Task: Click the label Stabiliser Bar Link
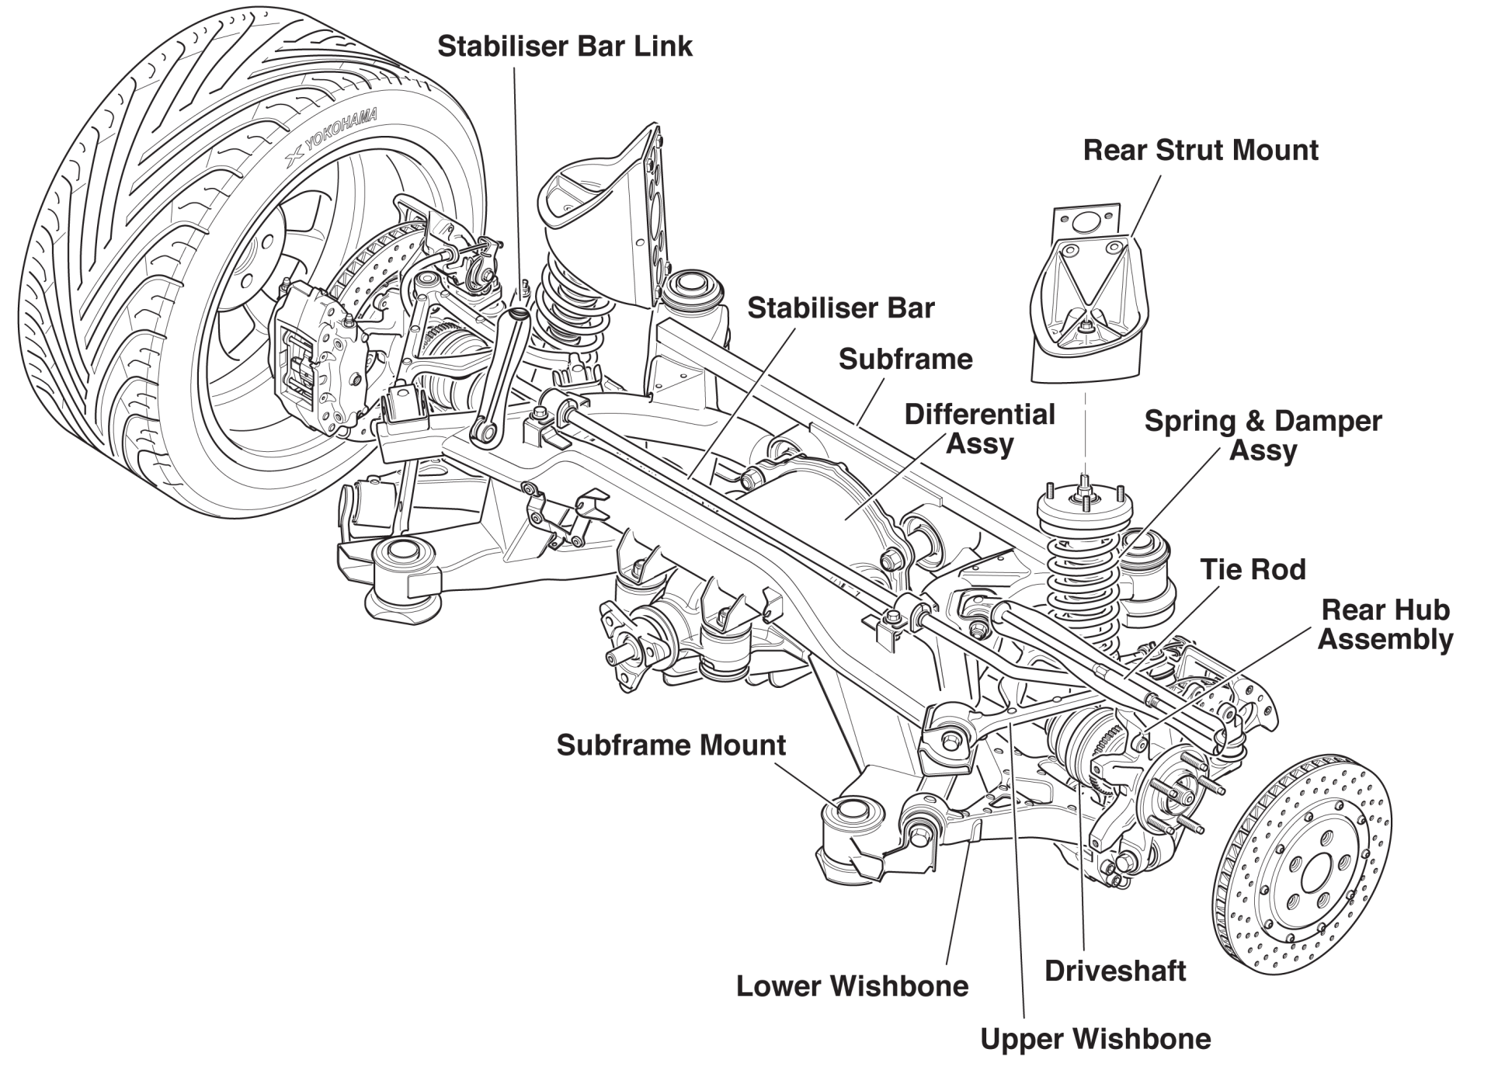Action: (x=565, y=47)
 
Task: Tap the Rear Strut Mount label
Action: (x=1200, y=151)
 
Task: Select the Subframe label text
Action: (x=905, y=360)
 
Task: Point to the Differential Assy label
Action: (x=979, y=429)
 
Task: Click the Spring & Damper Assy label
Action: (x=1263, y=436)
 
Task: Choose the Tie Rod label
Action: (x=1253, y=570)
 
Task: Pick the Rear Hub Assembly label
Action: (x=1385, y=625)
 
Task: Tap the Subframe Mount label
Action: (x=671, y=745)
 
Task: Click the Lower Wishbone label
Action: (x=852, y=987)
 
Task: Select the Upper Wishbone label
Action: (x=1095, y=1040)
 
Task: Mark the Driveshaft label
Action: (x=1114, y=971)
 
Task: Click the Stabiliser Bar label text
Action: (x=840, y=308)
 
